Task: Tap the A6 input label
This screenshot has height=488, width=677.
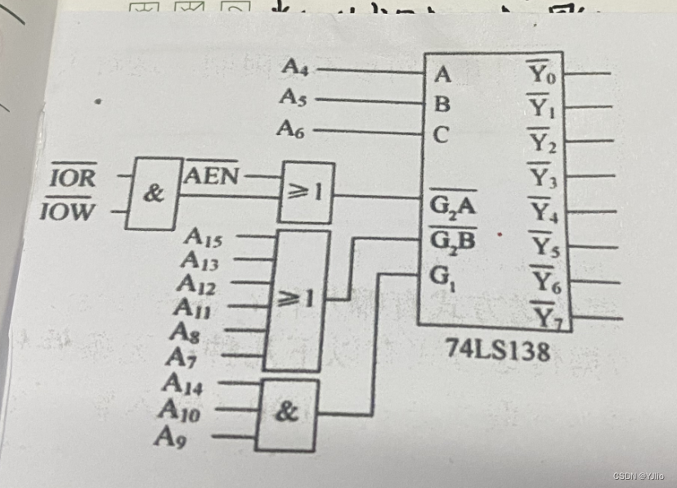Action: pos(291,129)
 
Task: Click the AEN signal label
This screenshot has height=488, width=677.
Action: pos(212,174)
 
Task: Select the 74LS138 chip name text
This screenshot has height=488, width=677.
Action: pos(498,349)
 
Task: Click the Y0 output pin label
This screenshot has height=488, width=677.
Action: pos(542,76)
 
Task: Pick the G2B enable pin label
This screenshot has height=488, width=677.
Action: pos(452,241)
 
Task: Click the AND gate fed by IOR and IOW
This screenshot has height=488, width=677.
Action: pos(154,194)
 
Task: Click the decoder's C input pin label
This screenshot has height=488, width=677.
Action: pos(441,135)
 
